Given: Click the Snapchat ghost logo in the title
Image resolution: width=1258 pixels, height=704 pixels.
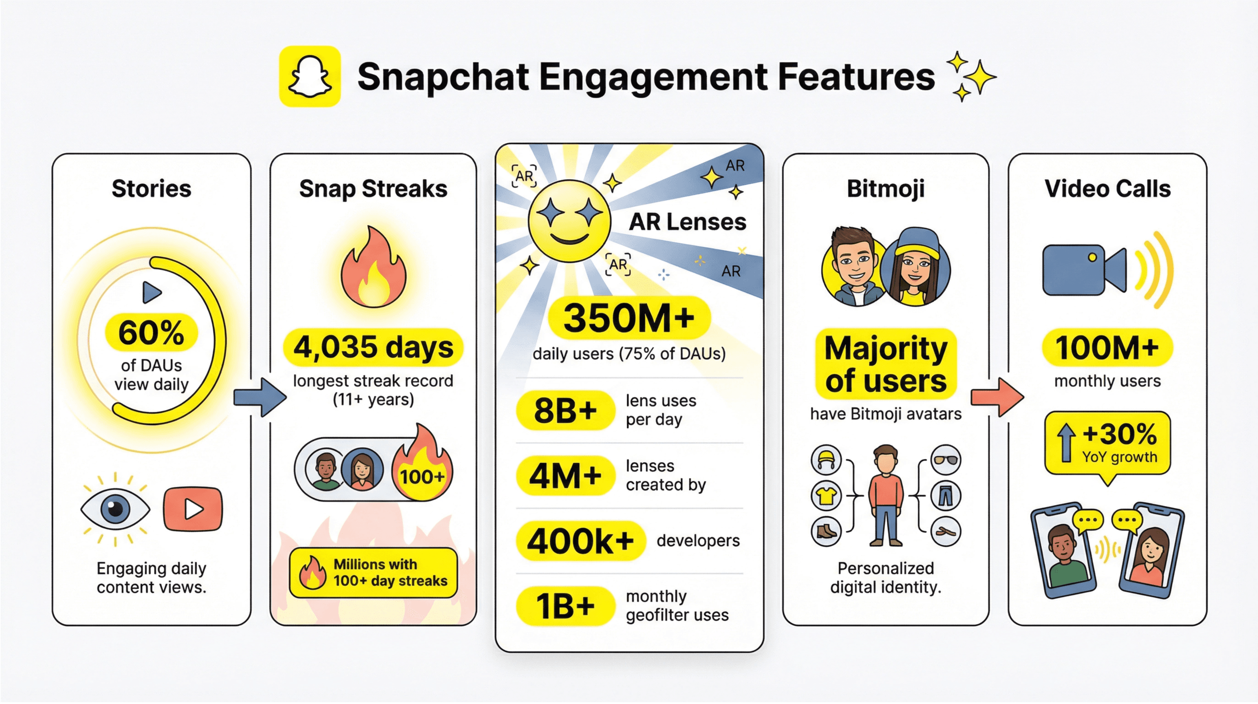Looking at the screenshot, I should pos(309,76).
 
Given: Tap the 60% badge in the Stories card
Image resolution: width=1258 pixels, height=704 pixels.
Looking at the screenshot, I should pos(151,333).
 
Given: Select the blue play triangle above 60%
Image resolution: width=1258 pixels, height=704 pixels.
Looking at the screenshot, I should pos(151,293).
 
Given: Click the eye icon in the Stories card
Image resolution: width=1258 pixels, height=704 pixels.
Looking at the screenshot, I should pos(115,509).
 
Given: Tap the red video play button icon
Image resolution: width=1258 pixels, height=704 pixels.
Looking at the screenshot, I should pos(193,509).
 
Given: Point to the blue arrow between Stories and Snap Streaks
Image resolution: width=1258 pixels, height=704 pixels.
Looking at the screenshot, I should pos(259,397).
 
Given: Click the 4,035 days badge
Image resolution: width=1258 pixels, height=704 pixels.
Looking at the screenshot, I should pos(373,347).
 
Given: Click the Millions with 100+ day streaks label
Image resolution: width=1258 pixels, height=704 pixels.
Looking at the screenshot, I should pos(373,573).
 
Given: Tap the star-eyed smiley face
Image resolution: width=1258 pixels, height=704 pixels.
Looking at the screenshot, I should pos(569,221).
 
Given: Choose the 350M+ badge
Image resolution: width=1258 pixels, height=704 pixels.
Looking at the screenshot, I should pos(629,318).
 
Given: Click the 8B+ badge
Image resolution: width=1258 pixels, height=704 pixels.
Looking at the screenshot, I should pos(565,410).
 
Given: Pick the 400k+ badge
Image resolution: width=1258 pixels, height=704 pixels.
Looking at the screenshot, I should pos(581,541).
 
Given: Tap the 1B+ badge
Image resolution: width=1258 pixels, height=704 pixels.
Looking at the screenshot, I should pos(565,606).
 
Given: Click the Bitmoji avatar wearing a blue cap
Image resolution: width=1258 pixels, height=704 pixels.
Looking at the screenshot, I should pos(917,266).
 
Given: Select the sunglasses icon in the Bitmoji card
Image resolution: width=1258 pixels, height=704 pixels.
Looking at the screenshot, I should pos(945,460).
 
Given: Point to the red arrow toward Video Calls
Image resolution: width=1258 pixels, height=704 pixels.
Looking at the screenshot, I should pos(997,397).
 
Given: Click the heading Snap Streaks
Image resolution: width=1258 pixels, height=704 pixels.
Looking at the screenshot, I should pos(373,189).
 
